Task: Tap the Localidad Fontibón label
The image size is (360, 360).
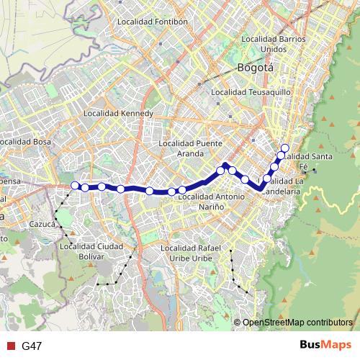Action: (152, 22)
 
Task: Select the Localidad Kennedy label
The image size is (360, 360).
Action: (118, 113)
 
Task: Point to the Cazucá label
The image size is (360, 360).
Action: (42, 225)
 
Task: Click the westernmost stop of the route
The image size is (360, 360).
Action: (75, 186)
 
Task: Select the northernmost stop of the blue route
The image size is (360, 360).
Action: (284, 148)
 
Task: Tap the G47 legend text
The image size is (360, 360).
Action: (32, 346)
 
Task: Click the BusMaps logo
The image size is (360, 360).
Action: (325, 345)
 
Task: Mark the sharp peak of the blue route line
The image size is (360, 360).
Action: (226, 165)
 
